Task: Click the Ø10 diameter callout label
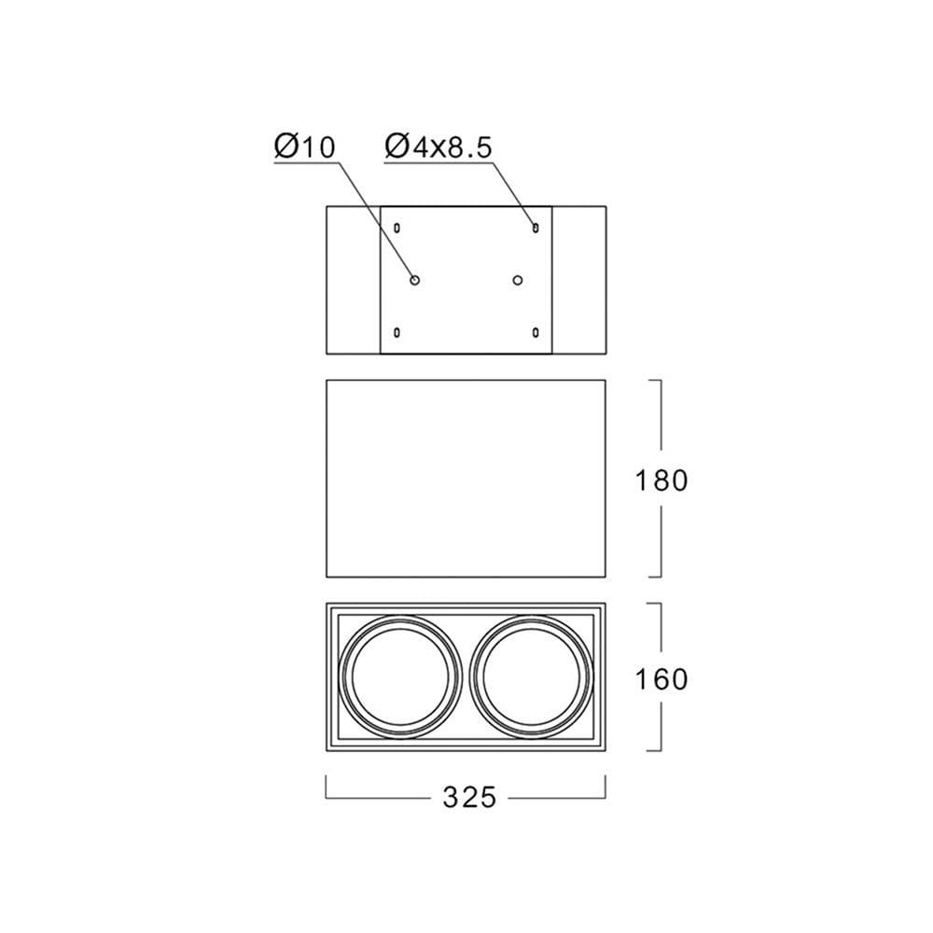[305, 146]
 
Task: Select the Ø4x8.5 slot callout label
[439, 146]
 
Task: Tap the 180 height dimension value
[661, 480]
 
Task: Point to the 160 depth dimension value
[661, 679]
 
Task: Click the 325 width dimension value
[469, 798]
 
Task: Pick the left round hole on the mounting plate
[415, 280]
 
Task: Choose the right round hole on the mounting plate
[518, 280]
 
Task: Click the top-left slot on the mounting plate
[397, 228]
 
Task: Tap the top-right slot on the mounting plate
[536, 228]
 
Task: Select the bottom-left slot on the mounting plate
[397, 332]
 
